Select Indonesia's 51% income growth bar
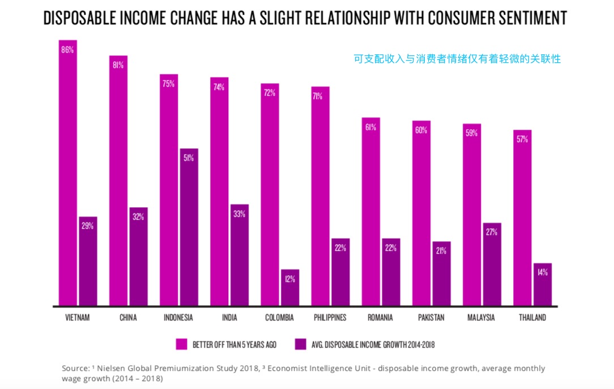coord(189,226)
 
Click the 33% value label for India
coord(239,214)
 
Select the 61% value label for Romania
coord(370,127)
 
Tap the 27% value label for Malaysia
coord(492,232)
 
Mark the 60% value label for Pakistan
coord(421,130)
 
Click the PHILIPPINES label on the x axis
coord(330,318)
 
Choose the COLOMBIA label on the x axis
coord(279,318)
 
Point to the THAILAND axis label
coord(532,318)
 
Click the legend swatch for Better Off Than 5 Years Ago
coord(181,344)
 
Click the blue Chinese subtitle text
coord(457,58)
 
